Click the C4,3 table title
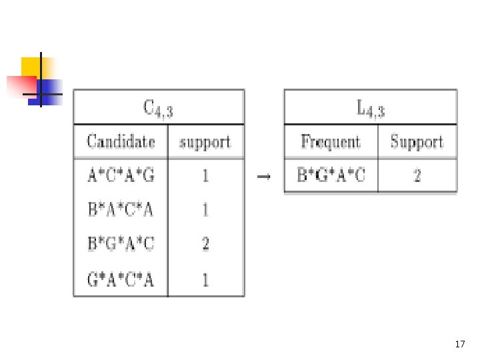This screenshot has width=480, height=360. click(x=158, y=109)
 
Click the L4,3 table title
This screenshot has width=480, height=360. click(x=371, y=109)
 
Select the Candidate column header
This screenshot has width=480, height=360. click(x=121, y=141)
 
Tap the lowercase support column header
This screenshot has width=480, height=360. click(x=205, y=143)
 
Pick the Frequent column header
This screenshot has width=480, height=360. click(x=331, y=142)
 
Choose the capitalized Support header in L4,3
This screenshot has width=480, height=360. click(x=417, y=142)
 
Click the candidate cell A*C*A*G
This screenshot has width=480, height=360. click(x=121, y=175)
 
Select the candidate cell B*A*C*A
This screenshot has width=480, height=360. click(x=120, y=210)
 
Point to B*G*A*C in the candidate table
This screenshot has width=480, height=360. click(x=121, y=244)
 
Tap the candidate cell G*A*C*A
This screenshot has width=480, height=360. click(x=120, y=279)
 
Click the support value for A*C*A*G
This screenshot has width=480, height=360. click(x=205, y=176)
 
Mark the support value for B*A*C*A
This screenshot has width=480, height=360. click(x=205, y=210)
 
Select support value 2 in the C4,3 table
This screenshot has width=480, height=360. click(x=205, y=244)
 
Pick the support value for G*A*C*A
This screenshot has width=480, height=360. click(x=205, y=279)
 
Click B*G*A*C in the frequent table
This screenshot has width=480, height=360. click(x=331, y=175)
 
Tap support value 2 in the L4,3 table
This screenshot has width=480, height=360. click(x=417, y=176)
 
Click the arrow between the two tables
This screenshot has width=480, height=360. click(x=264, y=177)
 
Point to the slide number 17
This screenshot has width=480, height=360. click(x=460, y=344)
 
